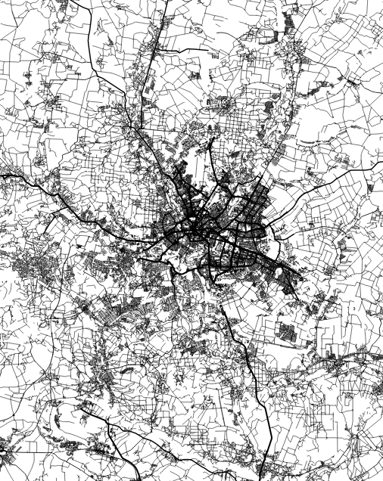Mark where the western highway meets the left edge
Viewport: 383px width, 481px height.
click(2, 175)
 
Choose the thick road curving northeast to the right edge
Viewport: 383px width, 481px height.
click(333, 178)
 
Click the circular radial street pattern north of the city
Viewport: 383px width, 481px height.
click(224, 102)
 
